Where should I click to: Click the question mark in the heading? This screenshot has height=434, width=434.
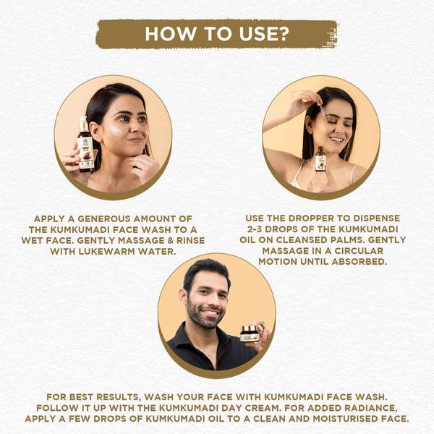[x=285, y=34]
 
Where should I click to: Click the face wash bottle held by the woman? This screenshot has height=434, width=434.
[x=86, y=144]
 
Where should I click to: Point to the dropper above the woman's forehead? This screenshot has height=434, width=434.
[x=315, y=101]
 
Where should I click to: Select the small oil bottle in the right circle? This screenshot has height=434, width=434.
[x=320, y=158]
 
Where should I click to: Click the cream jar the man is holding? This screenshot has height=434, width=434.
[x=250, y=333]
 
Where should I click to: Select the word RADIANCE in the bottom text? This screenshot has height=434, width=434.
[x=365, y=408]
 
